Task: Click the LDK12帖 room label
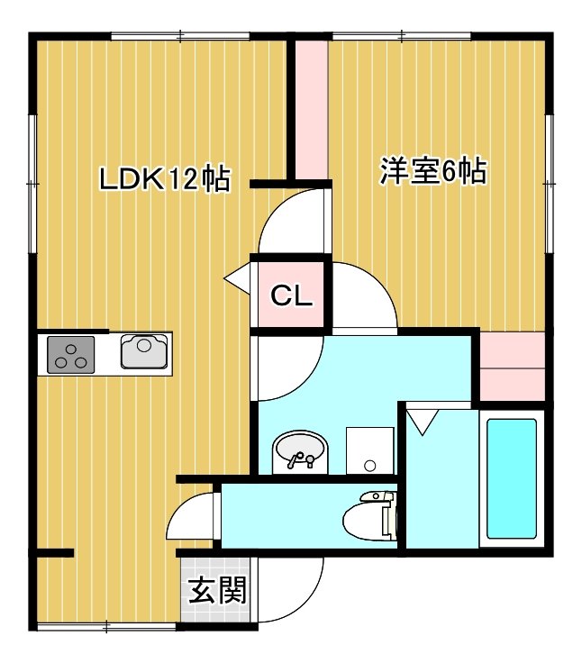tap(165, 179)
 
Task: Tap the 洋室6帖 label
tap(433, 171)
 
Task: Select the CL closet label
tap(291, 295)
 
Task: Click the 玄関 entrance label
tap(217, 590)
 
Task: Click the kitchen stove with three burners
tap(70, 355)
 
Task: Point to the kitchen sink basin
tap(144, 351)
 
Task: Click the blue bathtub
tap(512, 478)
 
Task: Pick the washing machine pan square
tap(370, 450)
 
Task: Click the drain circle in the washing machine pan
tap(370, 466)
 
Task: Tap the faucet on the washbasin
tap(300, 459)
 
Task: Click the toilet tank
tap(389, 517)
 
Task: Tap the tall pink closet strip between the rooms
tap(312, 110)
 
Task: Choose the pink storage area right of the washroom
tap(513, 366)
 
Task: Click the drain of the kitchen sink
tap(144, 345)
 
